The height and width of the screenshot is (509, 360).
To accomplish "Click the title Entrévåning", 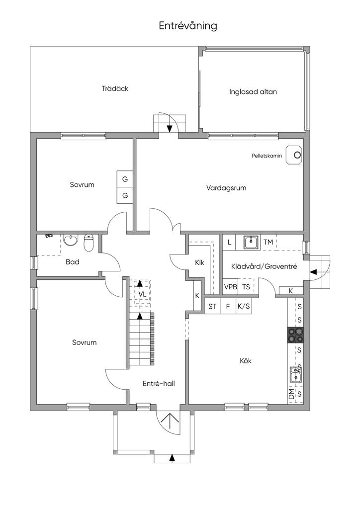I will (x=188, y=26).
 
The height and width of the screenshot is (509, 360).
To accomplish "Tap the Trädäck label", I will (x=115, y=89).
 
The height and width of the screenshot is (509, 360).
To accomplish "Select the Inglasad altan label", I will (x=253, y=91).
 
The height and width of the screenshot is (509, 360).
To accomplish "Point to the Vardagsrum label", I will (x=226, y=188).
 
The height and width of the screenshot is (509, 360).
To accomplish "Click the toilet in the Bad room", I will (x=89, y=244).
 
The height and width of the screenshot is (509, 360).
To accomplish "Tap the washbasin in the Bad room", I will (x=71, y=241).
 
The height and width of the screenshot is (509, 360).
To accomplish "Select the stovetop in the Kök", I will (x=295, y=335).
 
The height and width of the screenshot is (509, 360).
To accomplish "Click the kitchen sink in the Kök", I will (x=296, y=374).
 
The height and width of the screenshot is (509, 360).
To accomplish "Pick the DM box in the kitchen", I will (x=291, y=395).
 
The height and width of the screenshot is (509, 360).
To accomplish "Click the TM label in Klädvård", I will (x=268, y=242).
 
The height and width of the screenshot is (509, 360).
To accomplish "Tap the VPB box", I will (x=230, y=287).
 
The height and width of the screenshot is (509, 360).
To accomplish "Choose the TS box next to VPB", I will (x=246, y=287).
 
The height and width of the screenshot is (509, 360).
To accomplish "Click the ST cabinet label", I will (x=212, y=306).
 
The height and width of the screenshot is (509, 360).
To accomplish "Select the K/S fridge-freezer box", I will (x=244, y=306).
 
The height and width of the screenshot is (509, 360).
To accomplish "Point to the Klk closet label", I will (x=199, y=262).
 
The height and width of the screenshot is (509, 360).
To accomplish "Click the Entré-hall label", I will (x=159, y=384).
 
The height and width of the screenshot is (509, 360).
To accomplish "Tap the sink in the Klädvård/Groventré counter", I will (x=251, y=242).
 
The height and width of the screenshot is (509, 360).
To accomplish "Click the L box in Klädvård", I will (x=229, y=242).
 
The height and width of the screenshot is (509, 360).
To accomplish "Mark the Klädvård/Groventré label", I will (x=264, y=266).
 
